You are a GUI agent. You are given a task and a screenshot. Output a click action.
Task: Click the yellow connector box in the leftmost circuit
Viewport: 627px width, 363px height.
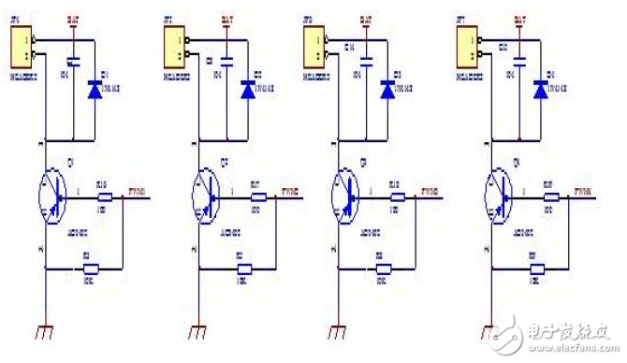(x=22, y=41)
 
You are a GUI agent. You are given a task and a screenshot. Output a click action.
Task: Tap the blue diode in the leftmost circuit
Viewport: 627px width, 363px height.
(x=93, y=89)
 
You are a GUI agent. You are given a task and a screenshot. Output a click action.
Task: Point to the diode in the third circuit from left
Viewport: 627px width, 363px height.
(x=386, y=89)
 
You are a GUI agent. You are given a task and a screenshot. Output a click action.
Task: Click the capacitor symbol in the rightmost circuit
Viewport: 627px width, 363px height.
(x=518, y=62)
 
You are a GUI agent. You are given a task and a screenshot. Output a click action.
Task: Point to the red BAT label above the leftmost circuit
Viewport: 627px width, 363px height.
(x=74, y=18)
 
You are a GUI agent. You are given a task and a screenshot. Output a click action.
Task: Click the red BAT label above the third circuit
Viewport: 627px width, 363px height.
(x=368, y=18)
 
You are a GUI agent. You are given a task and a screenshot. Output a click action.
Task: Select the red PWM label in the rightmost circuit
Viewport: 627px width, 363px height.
(x=576, y=192)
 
